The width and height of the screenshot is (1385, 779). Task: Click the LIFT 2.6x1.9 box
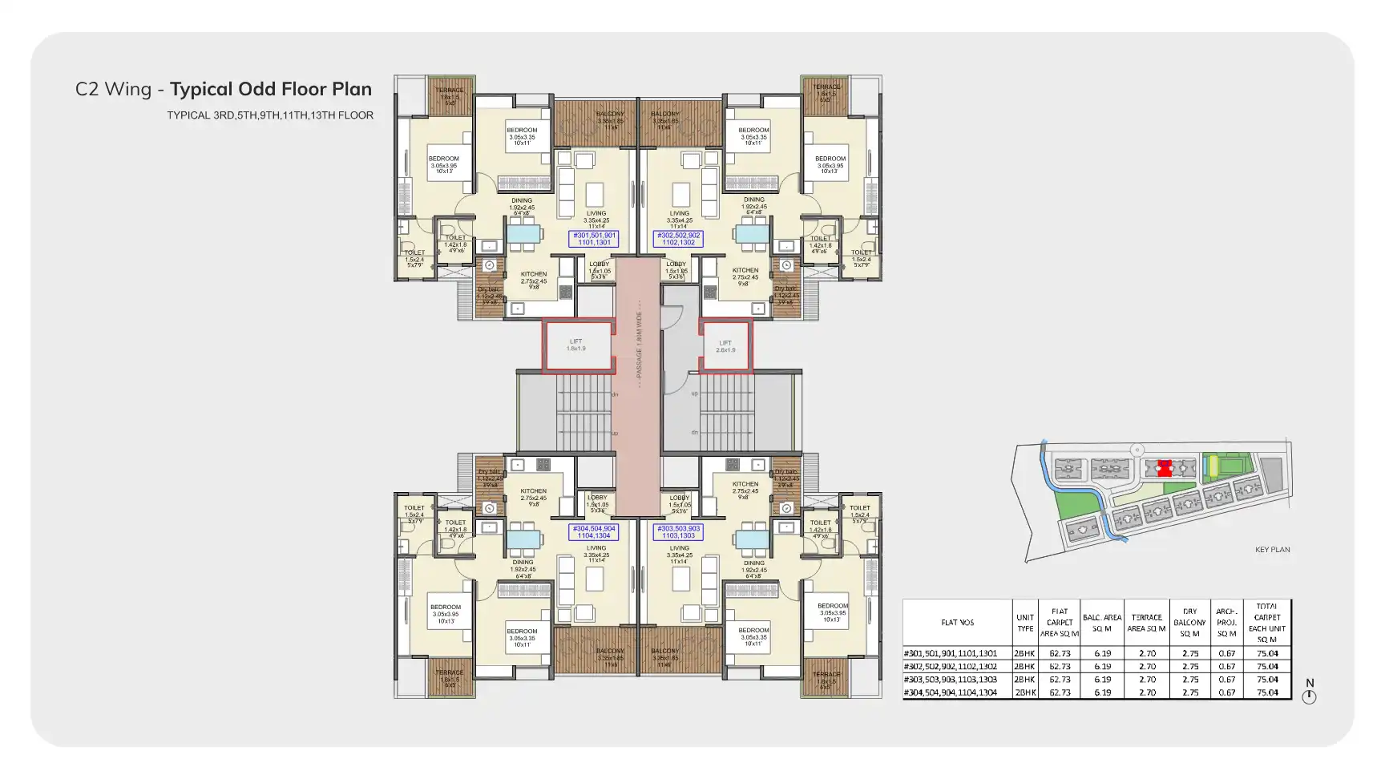[725, 346]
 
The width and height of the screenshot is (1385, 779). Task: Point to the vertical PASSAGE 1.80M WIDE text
[639, 344]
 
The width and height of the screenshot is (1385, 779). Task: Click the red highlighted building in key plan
[1165, 468]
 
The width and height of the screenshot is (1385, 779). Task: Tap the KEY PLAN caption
[1272, 550]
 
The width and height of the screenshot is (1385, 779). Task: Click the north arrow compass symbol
[1309, 696]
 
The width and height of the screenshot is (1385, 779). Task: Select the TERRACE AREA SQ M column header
[1146, 623]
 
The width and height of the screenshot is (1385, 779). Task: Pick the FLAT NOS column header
[957, 622]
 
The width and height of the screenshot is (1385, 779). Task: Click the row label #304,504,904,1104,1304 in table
[951, 692]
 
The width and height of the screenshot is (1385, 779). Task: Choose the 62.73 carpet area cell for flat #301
[1060, 653]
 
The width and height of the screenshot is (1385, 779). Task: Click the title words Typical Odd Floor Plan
[271, 89]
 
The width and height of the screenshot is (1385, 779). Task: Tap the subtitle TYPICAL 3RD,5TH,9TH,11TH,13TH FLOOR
[270, 115]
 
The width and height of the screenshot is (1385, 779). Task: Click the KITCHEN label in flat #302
[745, 271]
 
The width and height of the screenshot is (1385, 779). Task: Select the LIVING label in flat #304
[596, 548]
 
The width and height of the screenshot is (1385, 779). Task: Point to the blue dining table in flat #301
[523, 234]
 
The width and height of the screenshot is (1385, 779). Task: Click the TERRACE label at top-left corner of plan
[449, 91]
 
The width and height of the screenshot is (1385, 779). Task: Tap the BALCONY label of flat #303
[664, 652]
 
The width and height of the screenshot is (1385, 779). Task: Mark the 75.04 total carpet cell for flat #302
[1267, 666]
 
